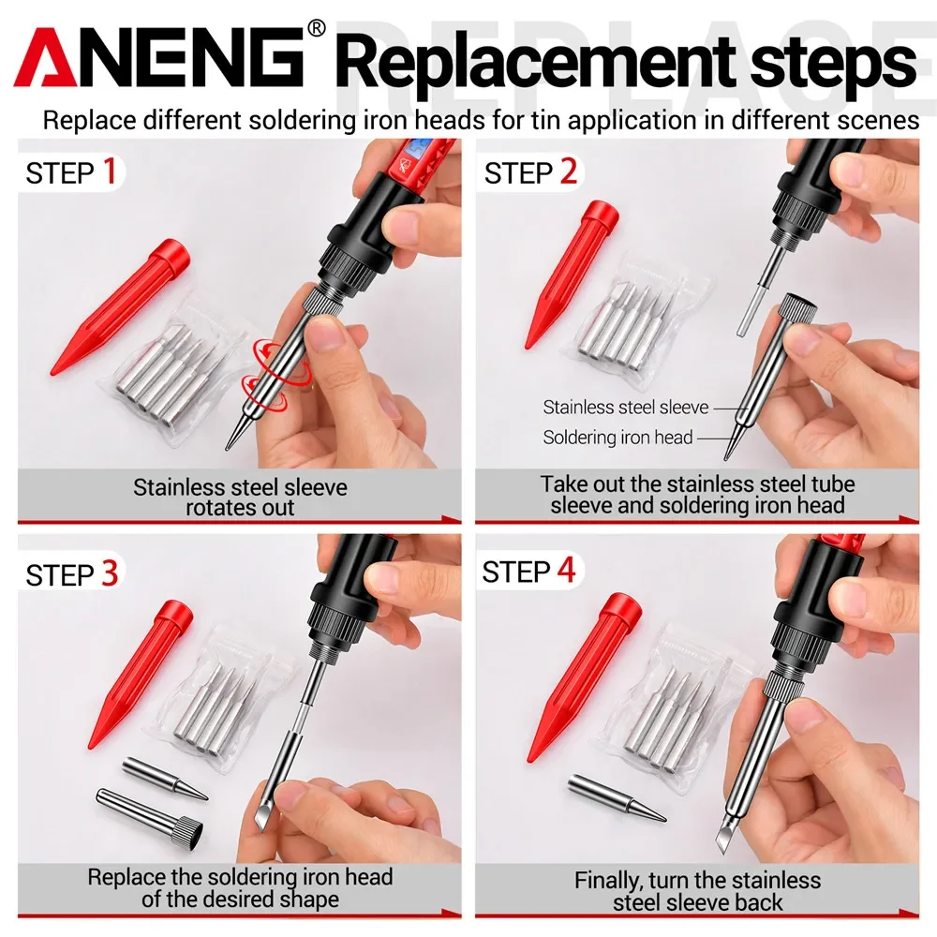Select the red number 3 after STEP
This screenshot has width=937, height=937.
110,573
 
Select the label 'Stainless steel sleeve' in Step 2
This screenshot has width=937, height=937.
625,408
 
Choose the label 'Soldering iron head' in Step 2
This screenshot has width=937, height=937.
617,437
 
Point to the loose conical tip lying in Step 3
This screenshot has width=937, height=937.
164,777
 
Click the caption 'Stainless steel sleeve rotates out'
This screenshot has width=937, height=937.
240,498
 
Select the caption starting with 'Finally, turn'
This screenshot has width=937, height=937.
697,890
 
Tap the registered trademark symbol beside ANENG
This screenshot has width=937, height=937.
316,28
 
